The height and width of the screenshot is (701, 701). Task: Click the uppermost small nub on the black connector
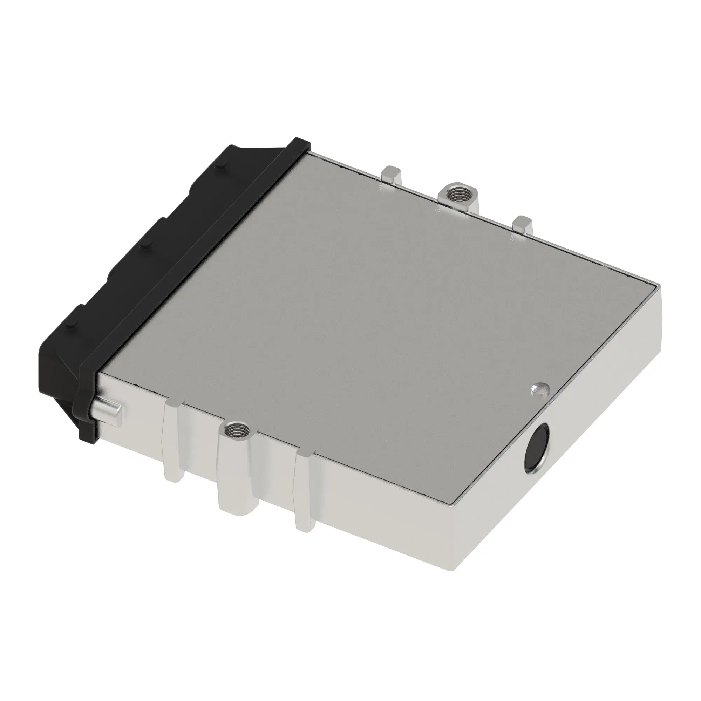(x=219, y=165)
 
